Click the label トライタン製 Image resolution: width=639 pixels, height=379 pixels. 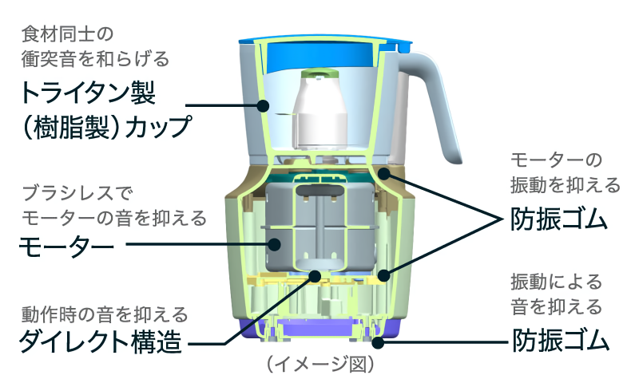[88, 93]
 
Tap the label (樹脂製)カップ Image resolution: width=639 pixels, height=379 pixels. [106, 127]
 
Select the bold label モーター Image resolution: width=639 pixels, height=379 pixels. [66, 246]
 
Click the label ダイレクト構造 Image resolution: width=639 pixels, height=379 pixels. [101, 341]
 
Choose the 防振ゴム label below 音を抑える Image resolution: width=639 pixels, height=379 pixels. [561, 341]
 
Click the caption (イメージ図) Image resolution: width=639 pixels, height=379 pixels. [320, 365]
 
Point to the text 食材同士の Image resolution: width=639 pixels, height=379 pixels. [68, 34]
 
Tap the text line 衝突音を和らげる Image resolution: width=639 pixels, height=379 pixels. [95, 59]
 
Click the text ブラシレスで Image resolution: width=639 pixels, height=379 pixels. [77, 193]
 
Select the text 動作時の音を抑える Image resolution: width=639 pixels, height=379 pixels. [105, 314]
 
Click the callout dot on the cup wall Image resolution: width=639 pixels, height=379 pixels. [263, 106]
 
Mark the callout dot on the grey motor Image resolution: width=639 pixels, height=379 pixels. [274, 244]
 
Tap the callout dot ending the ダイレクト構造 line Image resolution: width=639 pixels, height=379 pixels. [315, 276]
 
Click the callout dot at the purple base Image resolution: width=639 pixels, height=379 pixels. [378, 342]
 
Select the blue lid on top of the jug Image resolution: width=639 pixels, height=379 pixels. [324, 45]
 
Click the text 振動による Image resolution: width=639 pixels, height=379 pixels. [556, 282]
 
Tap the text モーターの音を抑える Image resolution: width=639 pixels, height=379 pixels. [114, 219]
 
